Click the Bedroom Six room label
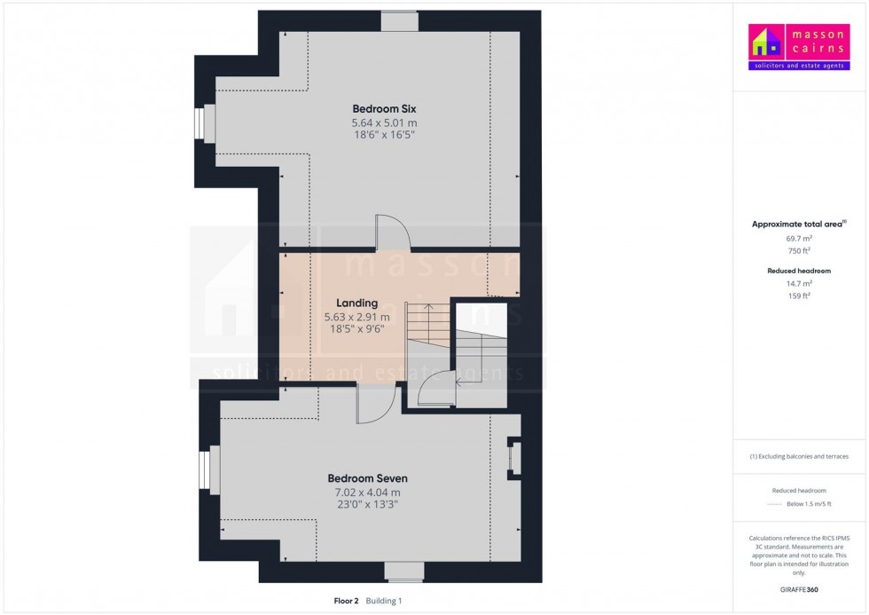[383, 108]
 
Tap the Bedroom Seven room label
[367, 478]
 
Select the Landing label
[357, 303]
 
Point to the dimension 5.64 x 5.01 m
[383, 122]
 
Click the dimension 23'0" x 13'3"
[367, 505]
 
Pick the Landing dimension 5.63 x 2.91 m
[357, 317]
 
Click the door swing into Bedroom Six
[391, 231]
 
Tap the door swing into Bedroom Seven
[374, 405]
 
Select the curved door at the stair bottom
[434, 387]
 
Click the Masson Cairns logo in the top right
[800, 48]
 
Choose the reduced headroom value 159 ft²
[800, 295]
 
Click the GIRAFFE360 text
[800, 589]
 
